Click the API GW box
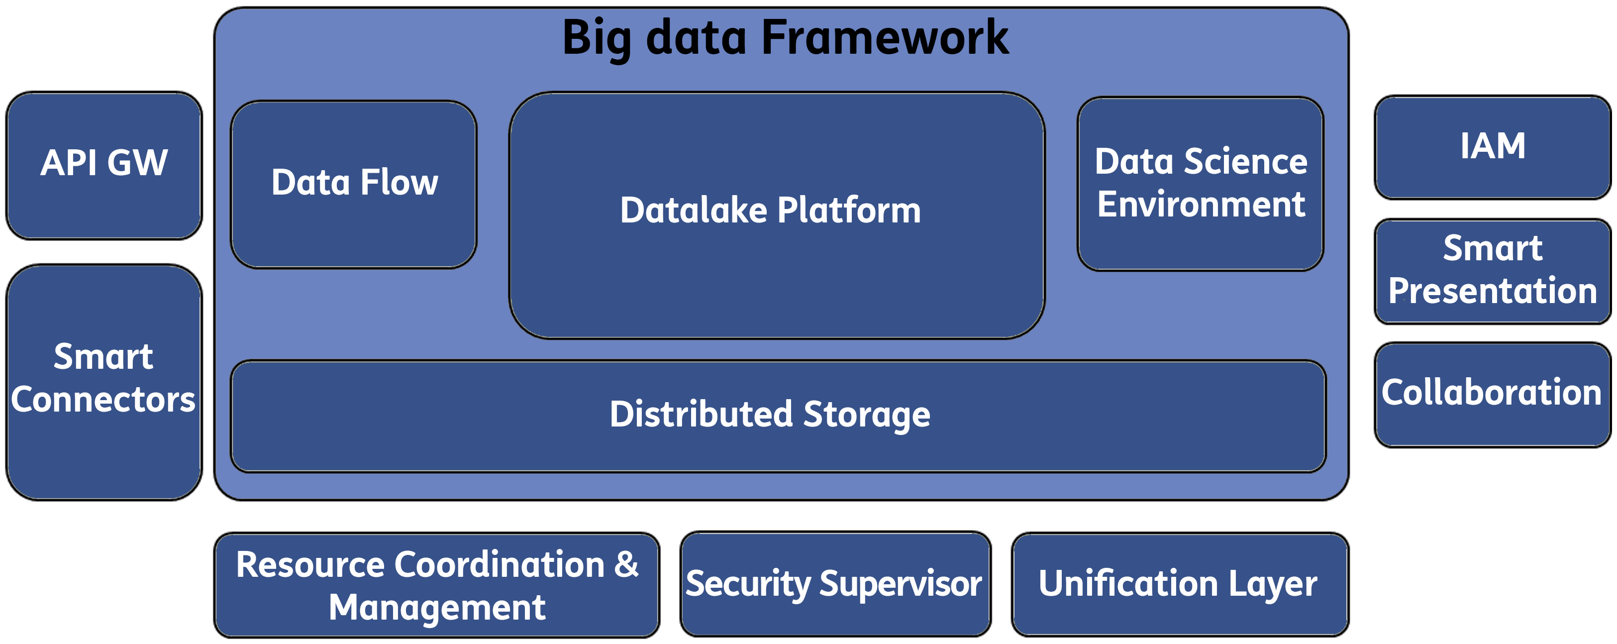(x=104, y=166)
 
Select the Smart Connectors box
(x=104, y=382)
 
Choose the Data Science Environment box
(x=1200, y=184)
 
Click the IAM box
(x=1492, y=147)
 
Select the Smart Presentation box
(x=1492, y=271)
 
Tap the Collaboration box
(x=1492, y=395)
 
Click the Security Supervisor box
(x=835, y=584)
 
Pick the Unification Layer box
(x=1180, y=584)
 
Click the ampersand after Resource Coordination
(x=626, y=564)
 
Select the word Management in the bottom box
(x=437, y=608)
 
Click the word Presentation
(x=1493, y=291)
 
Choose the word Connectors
(x=103, y=400)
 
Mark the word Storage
(x=867, y=415)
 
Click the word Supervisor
(x=901, y=584)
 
